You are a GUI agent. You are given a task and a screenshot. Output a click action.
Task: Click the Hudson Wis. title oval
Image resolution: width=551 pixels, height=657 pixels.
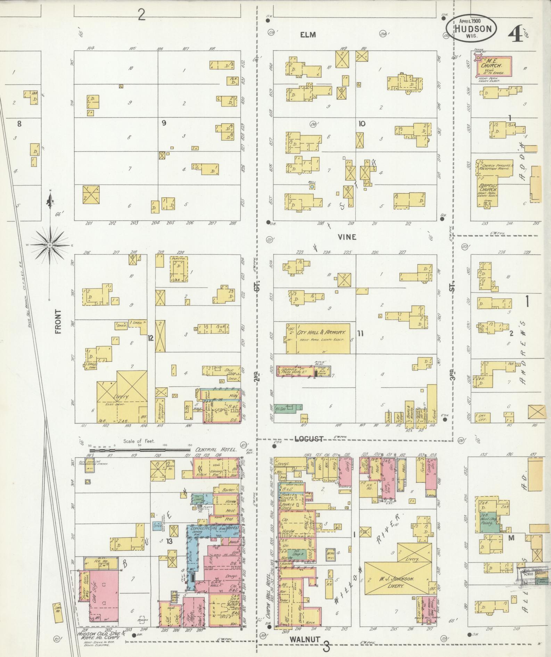471,29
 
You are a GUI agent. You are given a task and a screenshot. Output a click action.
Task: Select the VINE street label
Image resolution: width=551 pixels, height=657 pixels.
347,237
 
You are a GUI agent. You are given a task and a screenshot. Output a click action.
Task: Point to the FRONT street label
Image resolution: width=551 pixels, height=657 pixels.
58,322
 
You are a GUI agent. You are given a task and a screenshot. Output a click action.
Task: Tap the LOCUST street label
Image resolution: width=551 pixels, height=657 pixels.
309,439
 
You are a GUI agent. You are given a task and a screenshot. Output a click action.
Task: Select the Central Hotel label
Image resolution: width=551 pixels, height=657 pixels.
216,450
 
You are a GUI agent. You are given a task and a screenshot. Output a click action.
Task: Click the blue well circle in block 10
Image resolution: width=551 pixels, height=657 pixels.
312,187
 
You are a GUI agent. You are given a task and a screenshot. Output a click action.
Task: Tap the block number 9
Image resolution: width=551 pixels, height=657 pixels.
164,122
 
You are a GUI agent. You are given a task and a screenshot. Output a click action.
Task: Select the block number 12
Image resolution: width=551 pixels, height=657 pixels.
150,337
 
